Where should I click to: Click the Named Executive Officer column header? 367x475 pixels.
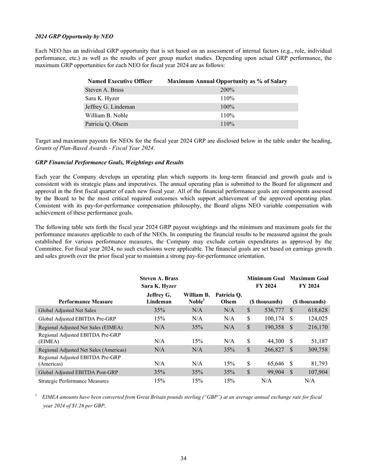[x=120, y=80]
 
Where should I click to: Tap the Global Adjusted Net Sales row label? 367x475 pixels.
[x=65, y=310]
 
